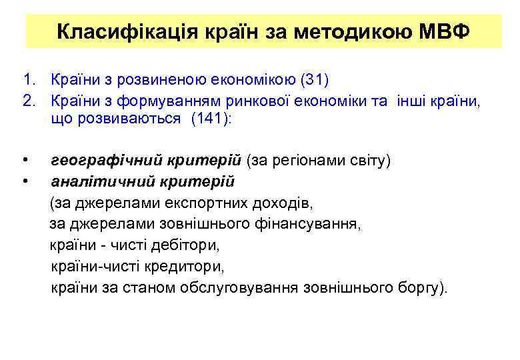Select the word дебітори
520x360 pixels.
coord(189,245)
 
